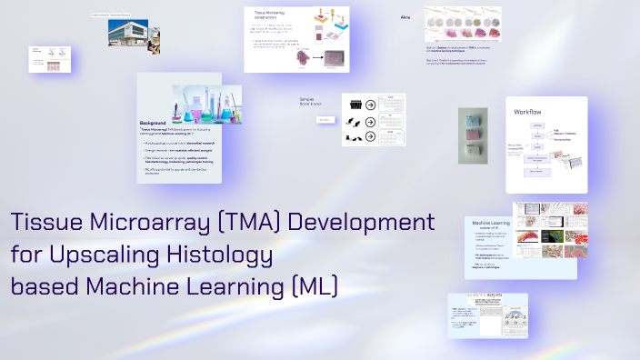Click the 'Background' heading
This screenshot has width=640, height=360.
tap(154, 123)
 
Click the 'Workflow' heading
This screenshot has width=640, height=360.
tap(529, 112)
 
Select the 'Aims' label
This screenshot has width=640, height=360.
tap(405, 17)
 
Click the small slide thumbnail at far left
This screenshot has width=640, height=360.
tap(51, 60)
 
